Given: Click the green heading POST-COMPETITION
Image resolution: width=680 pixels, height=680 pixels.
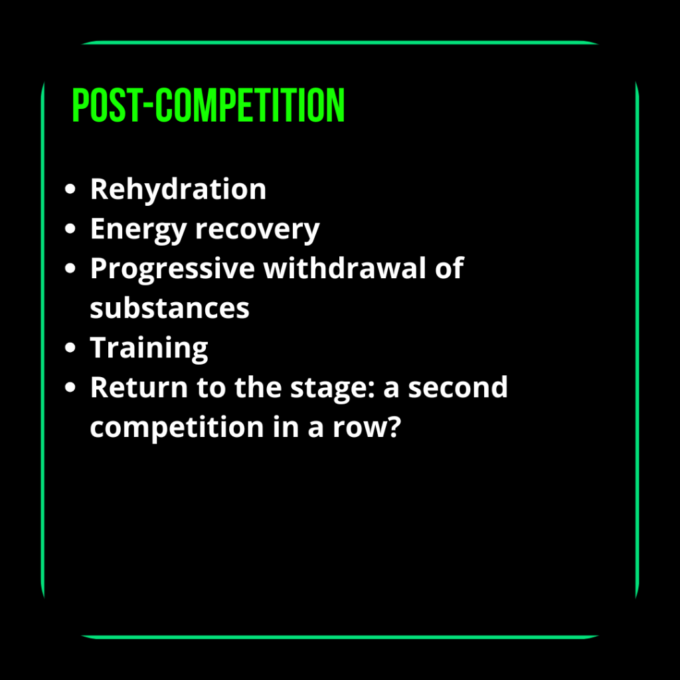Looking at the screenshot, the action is (x=208, y=105).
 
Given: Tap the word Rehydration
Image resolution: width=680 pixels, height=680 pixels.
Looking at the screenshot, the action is (x=178, y=189).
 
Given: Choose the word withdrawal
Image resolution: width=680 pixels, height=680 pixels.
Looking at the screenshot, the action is (x=345, y=268).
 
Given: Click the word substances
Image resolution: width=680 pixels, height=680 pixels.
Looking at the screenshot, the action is (x=169, y=308).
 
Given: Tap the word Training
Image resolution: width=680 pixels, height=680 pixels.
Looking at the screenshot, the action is (x=149, y=348).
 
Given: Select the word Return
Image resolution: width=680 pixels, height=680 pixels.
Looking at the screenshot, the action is (x=139, y=387).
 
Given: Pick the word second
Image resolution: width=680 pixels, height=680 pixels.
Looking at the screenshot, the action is (x=458, y=387).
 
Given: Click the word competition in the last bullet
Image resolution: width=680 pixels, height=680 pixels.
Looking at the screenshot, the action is (x=177, y=428).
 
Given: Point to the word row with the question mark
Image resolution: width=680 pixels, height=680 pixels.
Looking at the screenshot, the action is (x=367, y=427).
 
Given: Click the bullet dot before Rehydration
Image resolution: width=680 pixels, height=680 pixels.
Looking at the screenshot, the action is (x=70, y=189).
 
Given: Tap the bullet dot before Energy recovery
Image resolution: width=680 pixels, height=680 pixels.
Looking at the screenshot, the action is (x=70, y=228).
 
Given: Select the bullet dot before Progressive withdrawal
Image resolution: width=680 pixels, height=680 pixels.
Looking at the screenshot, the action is (x=70, y=268).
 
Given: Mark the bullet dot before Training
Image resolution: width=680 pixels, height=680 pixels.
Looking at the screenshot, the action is (x=70, y=347).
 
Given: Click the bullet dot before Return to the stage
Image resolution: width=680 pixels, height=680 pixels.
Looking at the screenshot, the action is (x=70, y=387).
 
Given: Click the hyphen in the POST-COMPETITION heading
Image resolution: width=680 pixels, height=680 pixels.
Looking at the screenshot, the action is (x=147, y=106).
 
